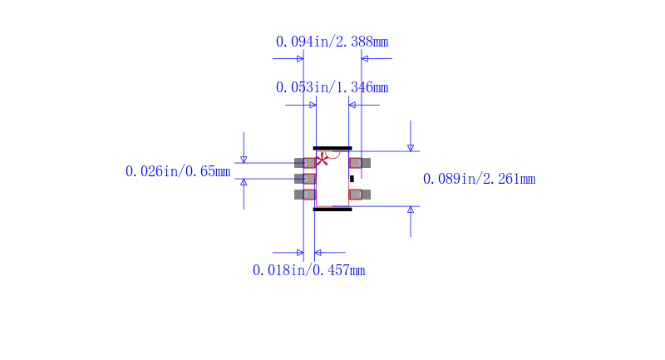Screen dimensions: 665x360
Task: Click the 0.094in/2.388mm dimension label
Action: click(x=332, y=42)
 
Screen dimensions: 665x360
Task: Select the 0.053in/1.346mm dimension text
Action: click(x=332, y=87)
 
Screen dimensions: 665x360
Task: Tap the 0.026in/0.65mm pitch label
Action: click(x=178, y=171)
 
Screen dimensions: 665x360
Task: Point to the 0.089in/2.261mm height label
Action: click(x=480, y=179)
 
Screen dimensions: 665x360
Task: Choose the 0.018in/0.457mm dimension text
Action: click(x=308, y=270)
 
